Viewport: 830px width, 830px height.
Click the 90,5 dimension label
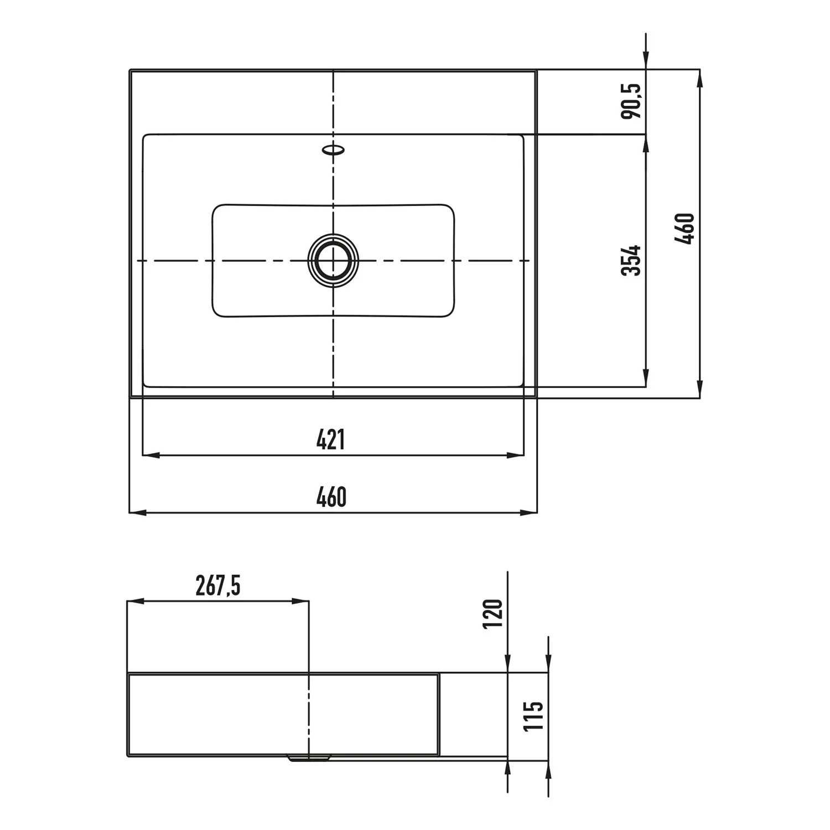click(x=631, y=101)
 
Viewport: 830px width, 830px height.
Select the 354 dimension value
click(x=631, y=260)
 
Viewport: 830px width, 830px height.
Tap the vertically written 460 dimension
click(x=684, y=229)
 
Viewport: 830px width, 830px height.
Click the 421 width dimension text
click(x=331, y=440)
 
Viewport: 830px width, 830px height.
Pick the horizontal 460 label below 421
click(x=331, y=497)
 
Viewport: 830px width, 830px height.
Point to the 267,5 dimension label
click(x=218, y=586)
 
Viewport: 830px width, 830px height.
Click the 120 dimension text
click(x=493, y=613)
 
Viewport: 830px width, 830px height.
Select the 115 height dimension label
click(x=534, y=715)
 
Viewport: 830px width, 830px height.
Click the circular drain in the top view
click(x=333, y=260)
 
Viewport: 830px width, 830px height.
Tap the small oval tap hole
click(x=334, y=149)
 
